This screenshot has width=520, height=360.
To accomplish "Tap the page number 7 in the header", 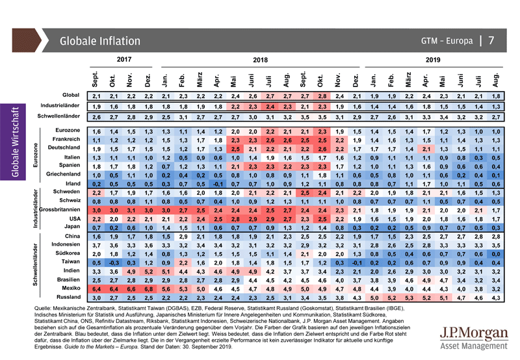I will [491, 40].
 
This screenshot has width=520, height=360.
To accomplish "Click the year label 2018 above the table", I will [260, 59].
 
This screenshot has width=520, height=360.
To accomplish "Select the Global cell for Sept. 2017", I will [96, 96].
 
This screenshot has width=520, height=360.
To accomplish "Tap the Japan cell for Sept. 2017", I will [96, 228].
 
